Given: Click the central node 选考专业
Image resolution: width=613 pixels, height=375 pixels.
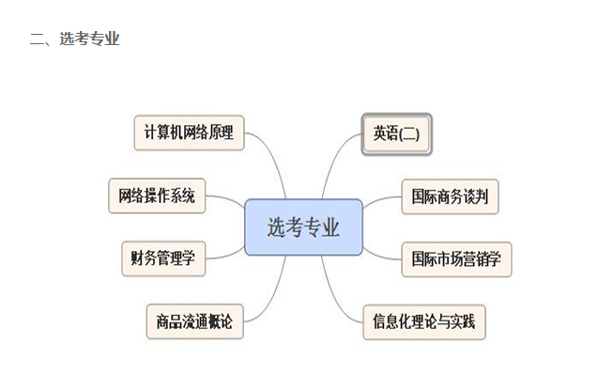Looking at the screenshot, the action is pyautogui.click(x=303, y=227).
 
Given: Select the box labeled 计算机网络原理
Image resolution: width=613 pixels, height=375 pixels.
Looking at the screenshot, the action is pyautogui.click(x=190, y=133).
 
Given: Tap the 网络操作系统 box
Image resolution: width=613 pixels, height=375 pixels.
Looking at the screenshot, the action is pyautogui.click(x=157, y=195).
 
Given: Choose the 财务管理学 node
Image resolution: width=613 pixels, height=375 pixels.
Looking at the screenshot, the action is pyautogui.click(x=163, y=258).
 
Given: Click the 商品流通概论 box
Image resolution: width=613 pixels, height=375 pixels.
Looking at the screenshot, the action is pyautogui.click(x=194, y=321).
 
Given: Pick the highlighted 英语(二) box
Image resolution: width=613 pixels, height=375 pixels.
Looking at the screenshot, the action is pyautogui.click(x=396, y=134).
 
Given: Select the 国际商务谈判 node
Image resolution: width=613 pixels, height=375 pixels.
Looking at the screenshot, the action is pyautogui.click(x=450, y=196).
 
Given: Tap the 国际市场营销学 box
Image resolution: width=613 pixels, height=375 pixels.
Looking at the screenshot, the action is pyautogui.click(x=456, y=259).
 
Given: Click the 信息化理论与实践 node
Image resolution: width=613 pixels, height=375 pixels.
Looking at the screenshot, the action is pyautogui.click(x=424, y=322).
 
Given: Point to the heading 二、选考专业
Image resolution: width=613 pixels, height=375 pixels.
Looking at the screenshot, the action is pyautogui.click(x=75, y=39).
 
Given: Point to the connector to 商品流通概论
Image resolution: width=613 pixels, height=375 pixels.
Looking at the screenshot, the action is pyautogui.click(x=273, y=298).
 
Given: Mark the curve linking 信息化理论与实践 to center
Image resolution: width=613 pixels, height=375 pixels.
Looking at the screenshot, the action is pyautogui.click(x=334, y=298).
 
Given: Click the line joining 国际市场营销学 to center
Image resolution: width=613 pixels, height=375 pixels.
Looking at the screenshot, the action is pyautogui.click(x=381, y=256).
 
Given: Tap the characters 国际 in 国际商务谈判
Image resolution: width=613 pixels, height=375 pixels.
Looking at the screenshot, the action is pyautogui.click(x=424, y=196).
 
